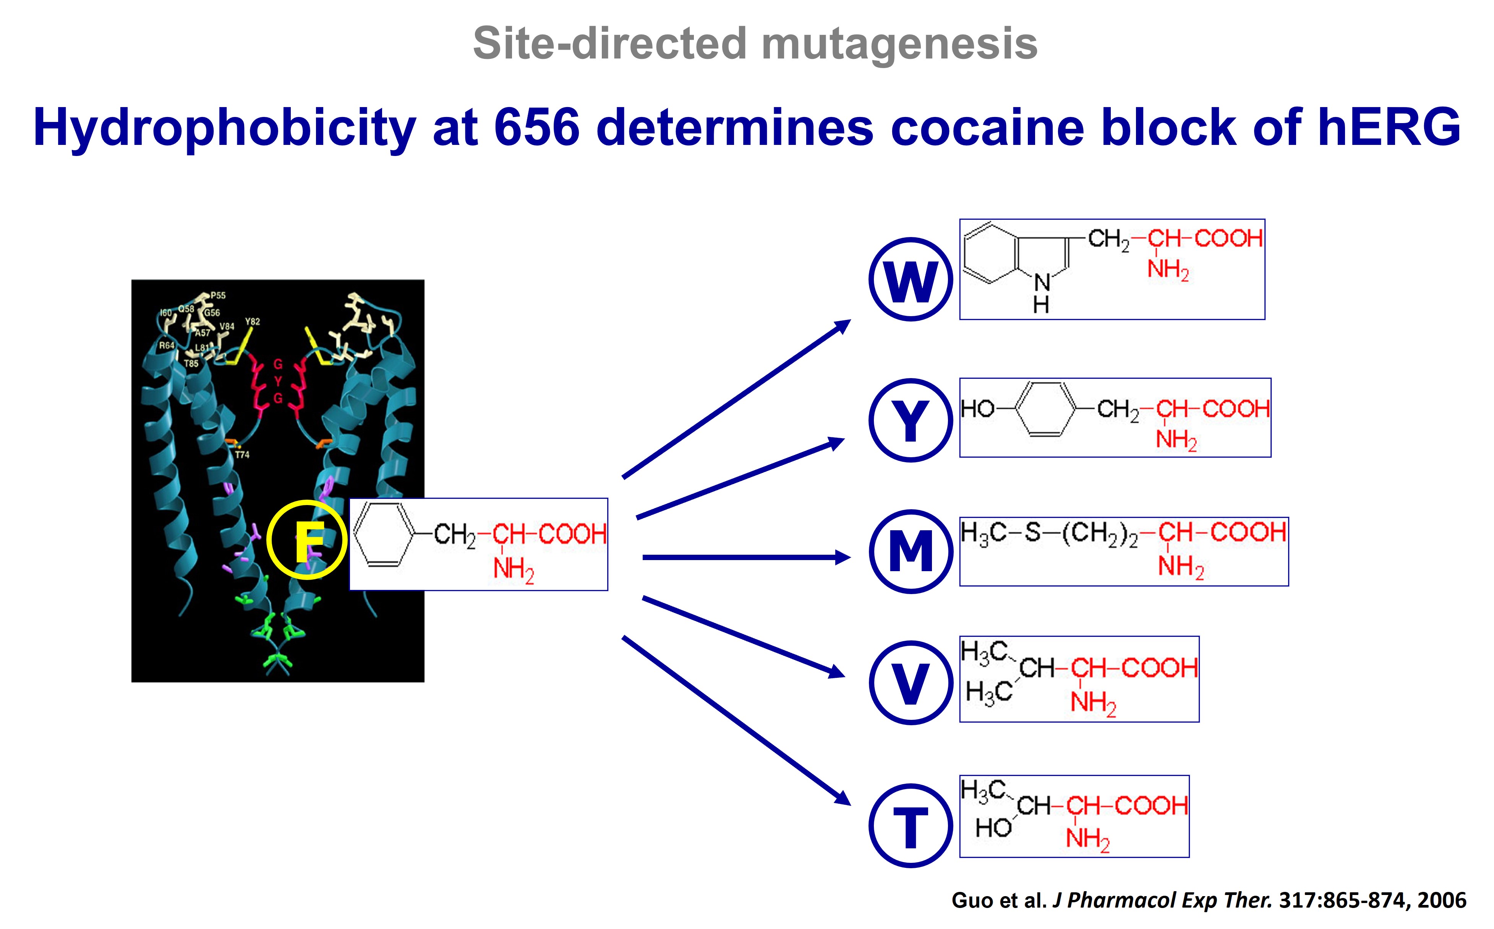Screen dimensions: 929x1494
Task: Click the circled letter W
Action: point(911,279)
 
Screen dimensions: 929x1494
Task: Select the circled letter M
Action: point(911,551)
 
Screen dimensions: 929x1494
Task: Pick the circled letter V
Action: point(911,683)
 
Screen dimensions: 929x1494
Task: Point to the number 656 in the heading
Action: point(536,127)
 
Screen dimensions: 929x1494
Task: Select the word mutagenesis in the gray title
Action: point(899,44)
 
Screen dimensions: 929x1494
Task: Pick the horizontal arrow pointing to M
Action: point(746,557)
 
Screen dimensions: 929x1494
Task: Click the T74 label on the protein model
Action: point(242,455)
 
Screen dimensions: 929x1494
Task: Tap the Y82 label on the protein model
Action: point(253,322)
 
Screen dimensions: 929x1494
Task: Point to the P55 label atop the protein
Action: point(218,296)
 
